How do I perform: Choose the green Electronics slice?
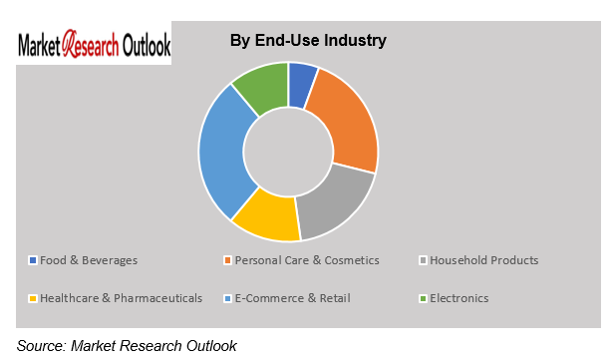click(x=262, y=87)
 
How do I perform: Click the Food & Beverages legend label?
click(x=89, y=260)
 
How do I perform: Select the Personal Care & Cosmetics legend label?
click(x=307, y=260)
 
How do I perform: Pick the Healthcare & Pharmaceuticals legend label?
click(x=121, y=297)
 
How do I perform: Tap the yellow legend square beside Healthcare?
click(x=32, y=297)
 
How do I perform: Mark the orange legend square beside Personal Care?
click(x=227, y=261)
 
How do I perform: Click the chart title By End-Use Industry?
click(x=308, y=41)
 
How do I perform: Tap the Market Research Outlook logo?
click(x=94, y=46)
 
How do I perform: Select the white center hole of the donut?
click(x=288, y=151)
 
